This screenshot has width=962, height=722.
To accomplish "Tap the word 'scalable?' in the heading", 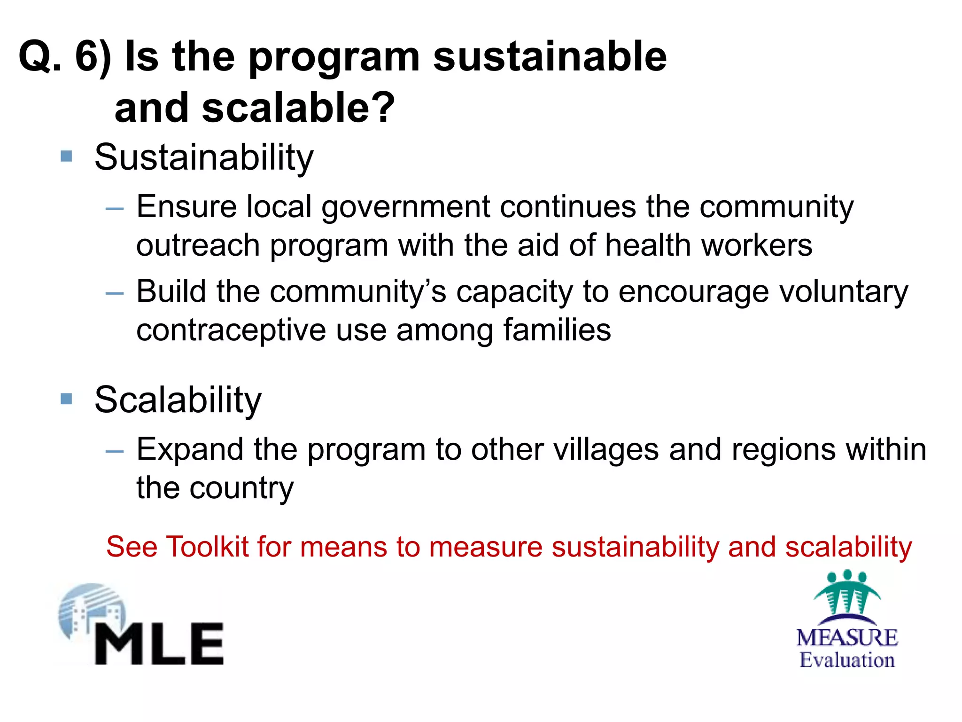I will point(299,108).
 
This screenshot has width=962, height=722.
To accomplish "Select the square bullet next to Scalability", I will point(67,399).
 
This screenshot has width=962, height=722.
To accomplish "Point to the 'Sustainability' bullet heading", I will point(204,158).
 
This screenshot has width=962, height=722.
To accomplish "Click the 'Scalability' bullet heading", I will point(178,400).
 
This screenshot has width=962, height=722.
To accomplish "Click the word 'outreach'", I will point(198,245).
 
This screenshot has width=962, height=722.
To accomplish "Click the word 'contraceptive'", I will point(231,331).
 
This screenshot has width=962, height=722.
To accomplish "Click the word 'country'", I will point(241,489).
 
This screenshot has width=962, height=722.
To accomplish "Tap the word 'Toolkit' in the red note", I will point(207,547).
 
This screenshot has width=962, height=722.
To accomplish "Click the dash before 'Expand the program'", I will point(115,452).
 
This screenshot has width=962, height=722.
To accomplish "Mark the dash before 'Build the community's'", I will point(115,294).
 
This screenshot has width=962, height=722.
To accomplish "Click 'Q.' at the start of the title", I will point(40,57).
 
